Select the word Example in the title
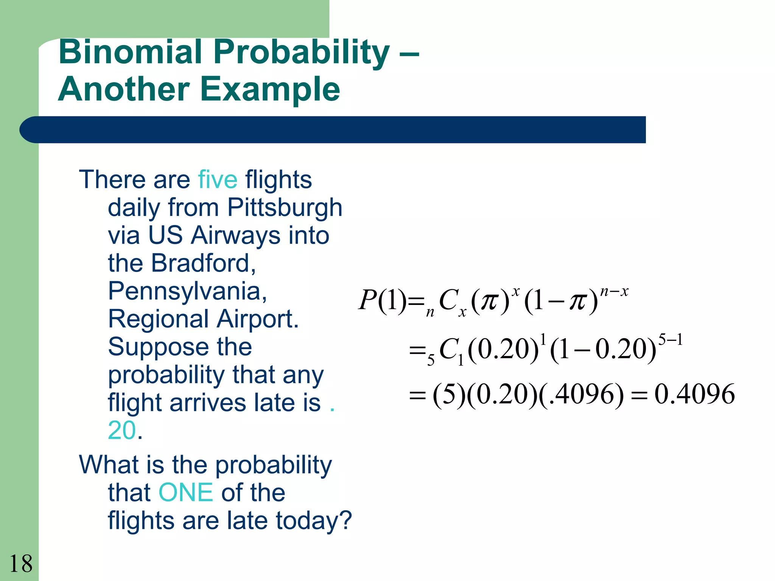[x=271, y=90]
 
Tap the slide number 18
[x=21, y=564]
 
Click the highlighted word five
[x=218, y=179]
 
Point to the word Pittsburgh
[x=285, y=208]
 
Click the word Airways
[x=236, y=235]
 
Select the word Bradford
[x=203, y=263]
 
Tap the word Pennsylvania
[x=187, y=291]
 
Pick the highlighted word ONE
[x=186, y=492]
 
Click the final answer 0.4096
[x=694, y=394]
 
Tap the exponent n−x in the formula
[x=614, y=291]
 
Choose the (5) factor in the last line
[x=448, y=394]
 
